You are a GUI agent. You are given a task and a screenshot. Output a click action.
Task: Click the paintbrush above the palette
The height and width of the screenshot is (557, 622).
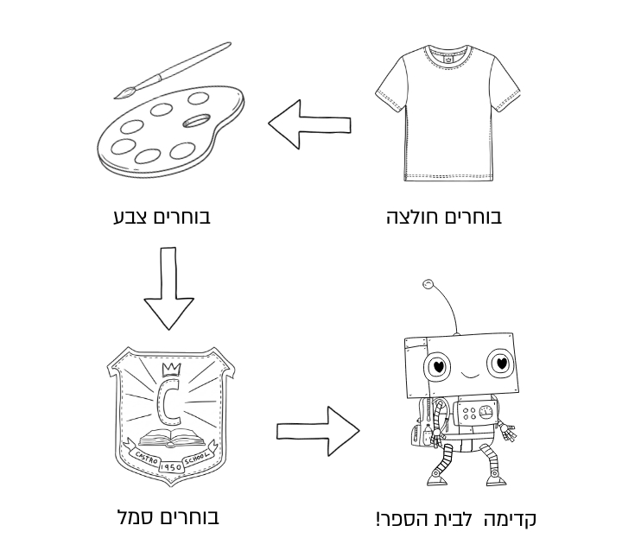click(x=173, y=70)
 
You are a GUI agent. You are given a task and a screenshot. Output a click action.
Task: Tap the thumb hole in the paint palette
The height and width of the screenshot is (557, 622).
click(x=196, y=121)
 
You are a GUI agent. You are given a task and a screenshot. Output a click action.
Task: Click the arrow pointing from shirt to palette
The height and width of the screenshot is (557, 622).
click(x=309, y=124)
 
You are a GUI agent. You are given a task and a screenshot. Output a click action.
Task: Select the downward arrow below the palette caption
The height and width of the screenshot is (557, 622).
click(x=168, y=288)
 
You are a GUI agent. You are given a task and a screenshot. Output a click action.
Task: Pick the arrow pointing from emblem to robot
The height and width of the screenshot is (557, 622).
click(x=318, y=431)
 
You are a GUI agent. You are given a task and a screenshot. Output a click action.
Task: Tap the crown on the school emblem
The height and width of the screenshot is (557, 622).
click(x=171, y=369)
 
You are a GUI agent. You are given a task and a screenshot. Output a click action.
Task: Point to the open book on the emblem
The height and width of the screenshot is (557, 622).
click(x=171, y=438)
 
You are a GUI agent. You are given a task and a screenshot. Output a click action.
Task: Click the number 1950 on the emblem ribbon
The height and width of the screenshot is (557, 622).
click(x=171, y=467)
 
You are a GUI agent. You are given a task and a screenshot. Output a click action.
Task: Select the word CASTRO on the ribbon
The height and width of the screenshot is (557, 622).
click(x=146, y=458)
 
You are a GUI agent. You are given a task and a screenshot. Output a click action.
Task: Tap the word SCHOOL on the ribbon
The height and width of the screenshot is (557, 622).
click(x=197, y=459)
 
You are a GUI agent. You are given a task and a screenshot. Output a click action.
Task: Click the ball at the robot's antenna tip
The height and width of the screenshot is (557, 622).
click(x=428, y=284)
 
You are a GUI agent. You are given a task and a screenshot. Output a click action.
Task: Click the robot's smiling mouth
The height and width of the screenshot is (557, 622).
click(x=470, y=374)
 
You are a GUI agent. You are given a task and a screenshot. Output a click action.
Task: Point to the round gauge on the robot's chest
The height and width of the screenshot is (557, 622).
click(x=486, y=413)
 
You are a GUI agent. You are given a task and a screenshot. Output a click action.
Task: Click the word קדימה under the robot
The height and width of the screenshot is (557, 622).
click(x=510, y=519)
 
